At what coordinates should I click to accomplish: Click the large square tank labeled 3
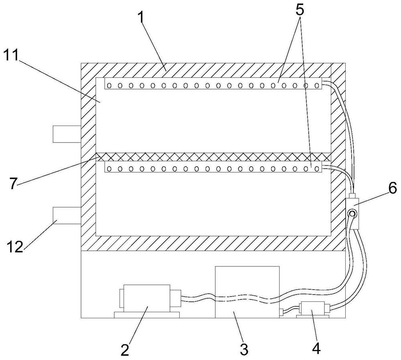coord(247,292)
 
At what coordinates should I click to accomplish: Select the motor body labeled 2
coord(147,298)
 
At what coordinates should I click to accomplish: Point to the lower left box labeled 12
coord(67,216)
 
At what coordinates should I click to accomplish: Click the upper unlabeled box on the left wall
coord(67,134)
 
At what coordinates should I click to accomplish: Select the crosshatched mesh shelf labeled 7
coord(213,157)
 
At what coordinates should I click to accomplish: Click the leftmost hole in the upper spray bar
coord(109,85)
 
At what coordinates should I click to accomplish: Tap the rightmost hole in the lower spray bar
coord(317,169)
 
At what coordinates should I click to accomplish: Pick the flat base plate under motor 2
coord(147,315)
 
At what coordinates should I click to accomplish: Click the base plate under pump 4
coord(312,317)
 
